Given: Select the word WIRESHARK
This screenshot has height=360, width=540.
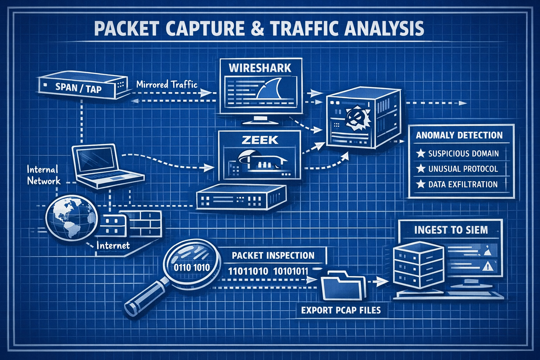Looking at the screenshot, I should [x=260, y=68].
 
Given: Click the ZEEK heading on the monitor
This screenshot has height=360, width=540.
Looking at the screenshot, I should [x=260, y=140].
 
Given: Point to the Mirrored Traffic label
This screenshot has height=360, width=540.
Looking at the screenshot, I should [x=167, y=84].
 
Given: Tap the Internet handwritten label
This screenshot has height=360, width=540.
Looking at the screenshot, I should [x=113, y=245].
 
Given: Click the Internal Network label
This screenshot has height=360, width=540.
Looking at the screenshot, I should [x=43, y=175].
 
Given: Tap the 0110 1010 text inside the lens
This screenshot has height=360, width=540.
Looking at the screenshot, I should [x=192, y=268].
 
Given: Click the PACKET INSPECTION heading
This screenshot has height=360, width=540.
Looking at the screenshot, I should [x=273, y=255].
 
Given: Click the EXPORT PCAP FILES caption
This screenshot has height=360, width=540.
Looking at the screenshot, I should [x=341, y=310].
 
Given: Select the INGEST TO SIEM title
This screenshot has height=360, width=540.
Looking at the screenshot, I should [x=451, y=230].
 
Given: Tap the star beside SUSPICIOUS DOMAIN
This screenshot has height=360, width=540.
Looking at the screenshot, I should [x=420, y=154].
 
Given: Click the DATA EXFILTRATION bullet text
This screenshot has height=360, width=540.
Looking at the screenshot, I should [x=463, y=184].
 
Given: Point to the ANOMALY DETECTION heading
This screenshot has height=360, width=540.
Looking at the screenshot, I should [x=459, y=135].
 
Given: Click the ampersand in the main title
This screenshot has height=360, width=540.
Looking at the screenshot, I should [x=258, y=29].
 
